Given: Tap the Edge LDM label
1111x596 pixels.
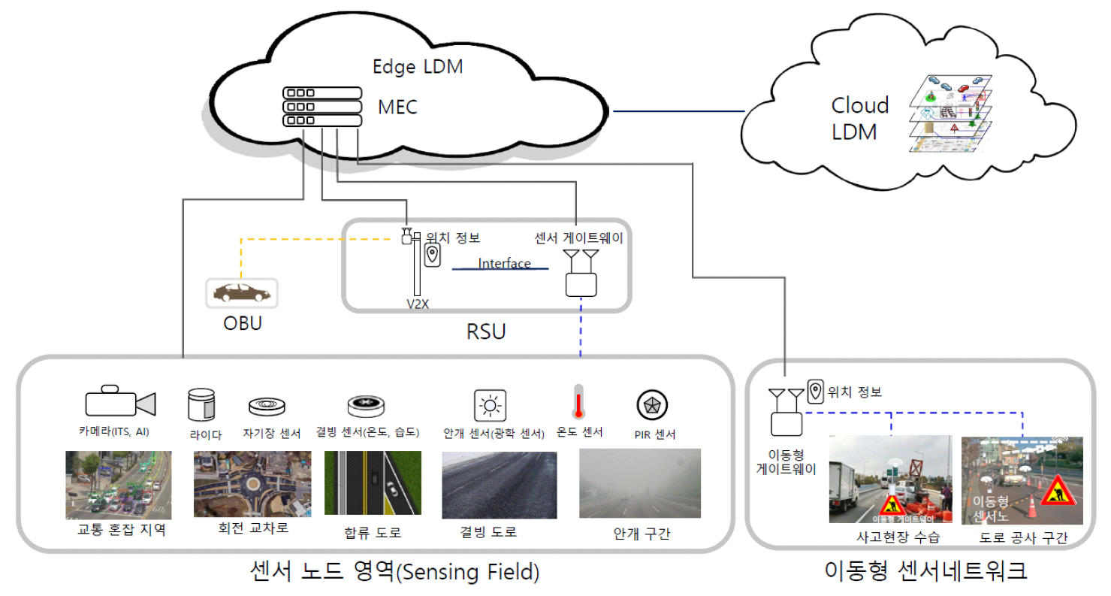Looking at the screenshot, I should point(418,66).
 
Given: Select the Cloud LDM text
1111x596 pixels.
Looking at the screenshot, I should point(859,119).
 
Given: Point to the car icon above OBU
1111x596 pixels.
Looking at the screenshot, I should point(242,292).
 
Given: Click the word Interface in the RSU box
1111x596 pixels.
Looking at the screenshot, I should point(504,264).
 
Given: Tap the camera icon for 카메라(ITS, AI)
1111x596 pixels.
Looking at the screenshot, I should point(119,402).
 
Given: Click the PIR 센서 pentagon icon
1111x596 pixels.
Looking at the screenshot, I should point(648,405).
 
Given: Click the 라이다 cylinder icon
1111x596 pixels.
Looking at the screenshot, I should point(201,404).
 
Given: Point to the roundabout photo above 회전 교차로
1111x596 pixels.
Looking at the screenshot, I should point(252,483).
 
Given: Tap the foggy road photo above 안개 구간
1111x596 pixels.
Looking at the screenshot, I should point(640,483).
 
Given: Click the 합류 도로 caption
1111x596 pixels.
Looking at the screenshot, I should point(371,533).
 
